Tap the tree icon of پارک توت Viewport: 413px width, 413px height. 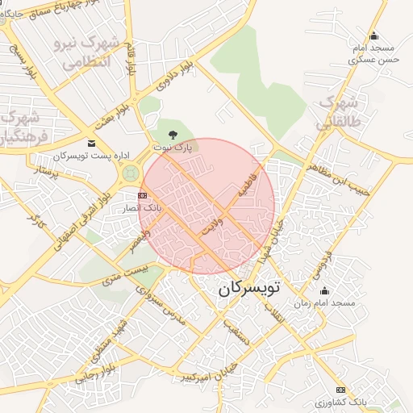pyautogui.click(x=172, y=134)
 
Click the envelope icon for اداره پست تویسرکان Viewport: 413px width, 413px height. pyautogui.click(x=90, y=144)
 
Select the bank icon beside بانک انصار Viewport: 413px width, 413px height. pyautogui.click(x=142, y=195)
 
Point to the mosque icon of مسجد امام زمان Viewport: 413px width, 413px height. pyautogui.click(x=324, y=291)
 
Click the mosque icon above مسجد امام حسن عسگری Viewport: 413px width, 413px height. pyautogui.click(x=373, y=36)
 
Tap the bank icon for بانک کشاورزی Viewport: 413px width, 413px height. pyautogui.click(x=340, y=390)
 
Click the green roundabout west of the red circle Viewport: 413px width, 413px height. pyautogui.click(x=130, y=173)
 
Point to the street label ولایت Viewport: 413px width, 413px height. pyautogui.click(x=211, y=223)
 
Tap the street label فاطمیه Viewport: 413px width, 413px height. pyautogui.click(x=244, y=186)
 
